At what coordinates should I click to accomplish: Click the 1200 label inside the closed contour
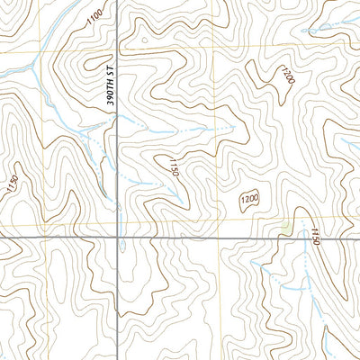click(249, 199)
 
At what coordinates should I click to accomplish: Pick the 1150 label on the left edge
click(12, 188)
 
